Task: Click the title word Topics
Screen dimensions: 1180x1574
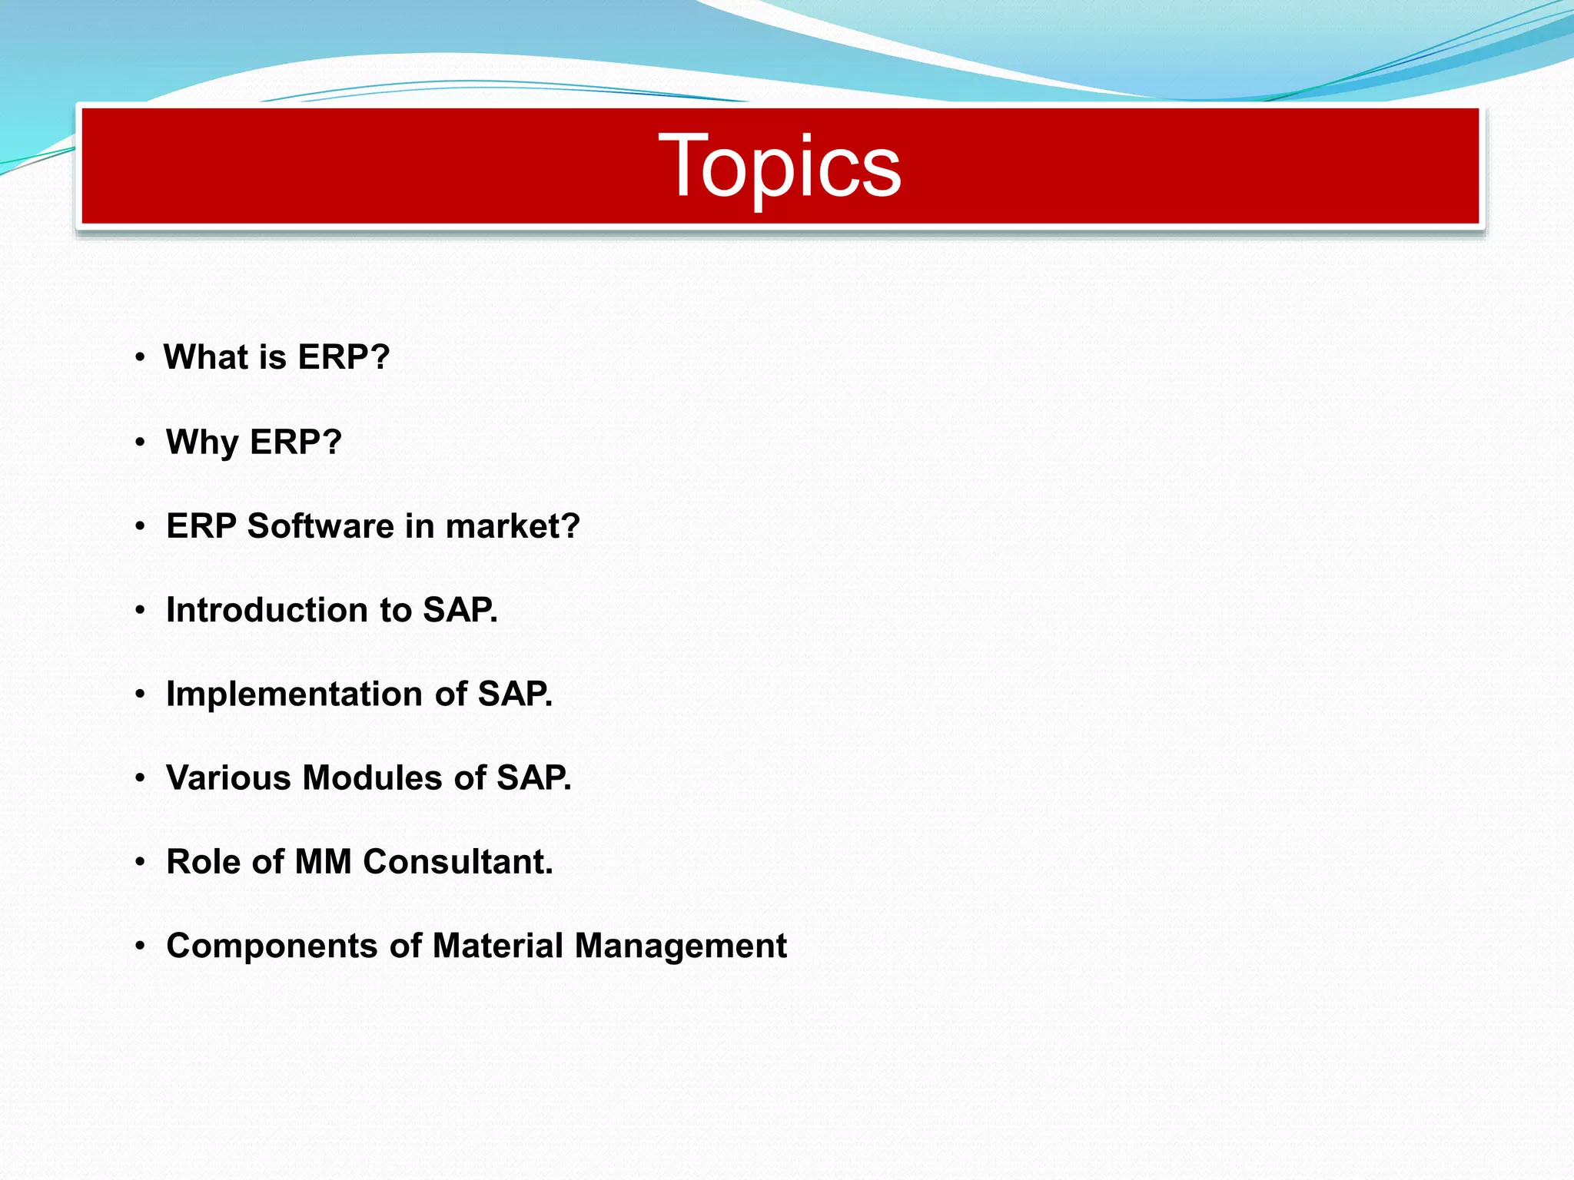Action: coord(779,166)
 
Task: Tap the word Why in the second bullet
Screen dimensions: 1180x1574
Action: coord(203,442)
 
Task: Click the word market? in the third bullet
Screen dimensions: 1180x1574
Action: coord(513,526)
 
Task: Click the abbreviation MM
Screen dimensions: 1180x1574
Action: coord(324,862)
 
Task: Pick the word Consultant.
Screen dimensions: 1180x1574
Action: coord(458,862)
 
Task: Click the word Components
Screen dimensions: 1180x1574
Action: coord(271,946)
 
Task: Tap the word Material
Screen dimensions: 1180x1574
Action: coord(498,946)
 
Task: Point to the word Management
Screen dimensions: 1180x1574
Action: coord(680,946)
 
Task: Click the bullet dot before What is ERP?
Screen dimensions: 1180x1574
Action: coord(140,357)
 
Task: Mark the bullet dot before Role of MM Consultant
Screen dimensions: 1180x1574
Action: coord(140,862)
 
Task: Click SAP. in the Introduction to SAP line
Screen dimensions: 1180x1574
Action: coord(460,610)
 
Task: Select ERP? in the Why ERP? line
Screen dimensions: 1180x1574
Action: coord(296,442)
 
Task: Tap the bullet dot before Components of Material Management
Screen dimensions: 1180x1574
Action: coord(140,946)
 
